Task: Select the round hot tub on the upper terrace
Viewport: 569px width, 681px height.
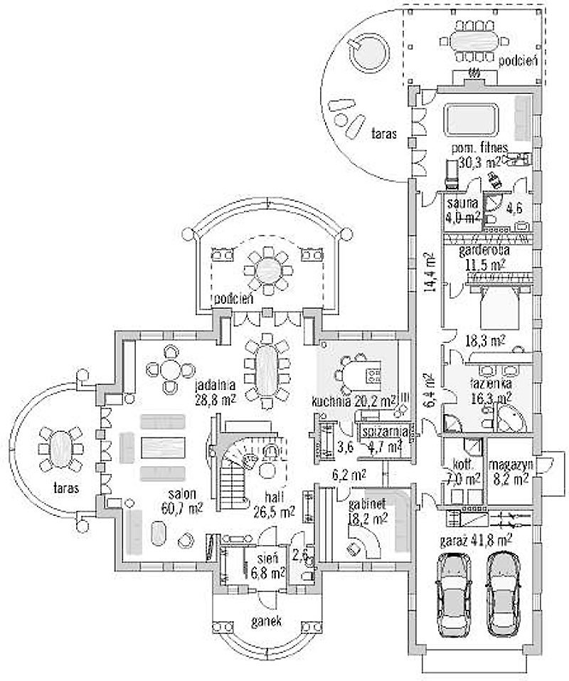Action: click(x=366, y=52)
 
